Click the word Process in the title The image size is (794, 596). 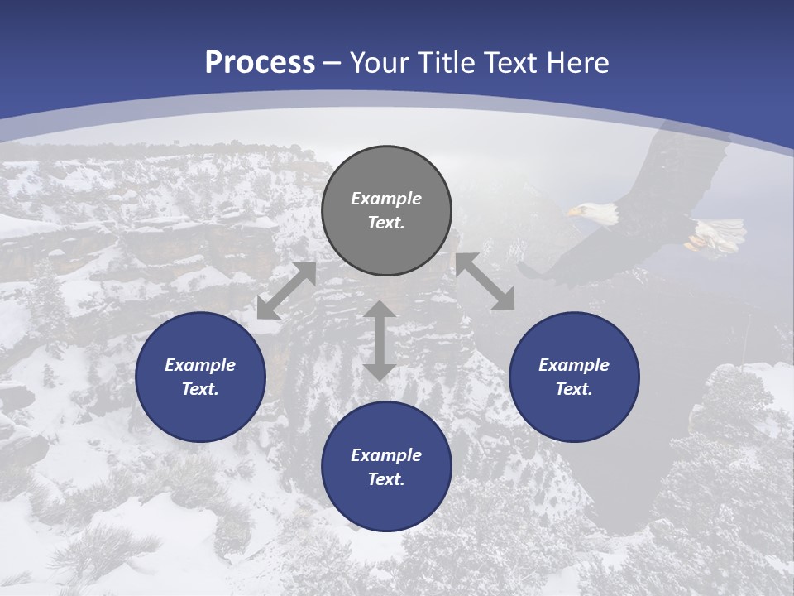[x=260, y=63]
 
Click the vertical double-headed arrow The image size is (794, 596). [x=380, y=340]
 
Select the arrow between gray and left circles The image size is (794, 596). [x=286, y=291]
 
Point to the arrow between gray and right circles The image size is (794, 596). [x=485, y=281]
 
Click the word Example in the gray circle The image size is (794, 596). [x=386, y=199]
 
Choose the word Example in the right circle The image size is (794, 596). [x=574, y=365]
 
